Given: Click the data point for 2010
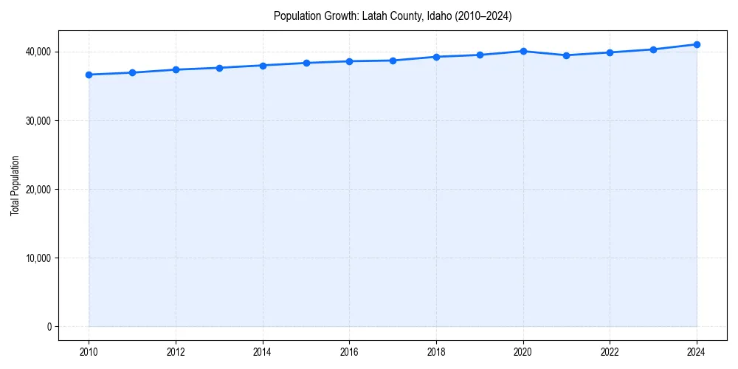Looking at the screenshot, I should point(89,75).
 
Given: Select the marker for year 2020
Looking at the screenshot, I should point(523,51).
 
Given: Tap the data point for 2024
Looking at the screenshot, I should point(697,44).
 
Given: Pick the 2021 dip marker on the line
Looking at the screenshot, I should point(566,55).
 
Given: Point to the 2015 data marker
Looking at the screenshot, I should point(306,63).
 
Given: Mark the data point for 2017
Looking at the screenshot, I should point(393,61).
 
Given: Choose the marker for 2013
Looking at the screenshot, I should point(219,68).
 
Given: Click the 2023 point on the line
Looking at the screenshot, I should point(653,49).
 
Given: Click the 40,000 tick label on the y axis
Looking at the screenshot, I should point(37,52).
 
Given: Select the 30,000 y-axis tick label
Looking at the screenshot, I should point(37,120).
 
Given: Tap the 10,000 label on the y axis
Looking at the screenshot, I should point(37,258).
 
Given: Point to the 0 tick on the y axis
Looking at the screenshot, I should point(48,327).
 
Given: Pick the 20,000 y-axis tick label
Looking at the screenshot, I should point(37,190).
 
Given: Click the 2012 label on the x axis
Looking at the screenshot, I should point(176,352).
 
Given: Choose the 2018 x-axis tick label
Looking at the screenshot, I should point(436,352).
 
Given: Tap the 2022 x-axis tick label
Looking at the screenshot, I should point(610,352).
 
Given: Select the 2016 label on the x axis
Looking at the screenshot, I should point(349,352).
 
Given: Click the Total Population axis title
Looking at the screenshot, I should point(15,185).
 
